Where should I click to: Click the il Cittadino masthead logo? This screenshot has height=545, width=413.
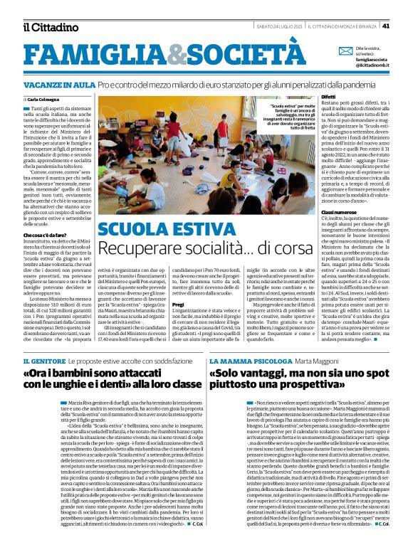point(49,27)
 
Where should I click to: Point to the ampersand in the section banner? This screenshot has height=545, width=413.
point(176,55)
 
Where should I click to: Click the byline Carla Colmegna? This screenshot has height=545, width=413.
point(43,100)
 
